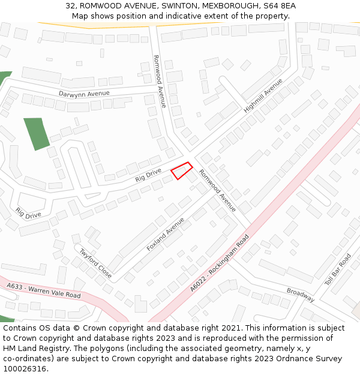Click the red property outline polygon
[182, 170]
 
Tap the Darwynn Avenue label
[84, 94]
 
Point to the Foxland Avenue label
[165, 235]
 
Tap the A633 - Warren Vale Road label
[44, 292]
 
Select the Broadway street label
[300, 295]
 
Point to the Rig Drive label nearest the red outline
[148, 175]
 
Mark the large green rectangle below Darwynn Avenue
[37, 133]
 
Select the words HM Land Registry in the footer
[37, 349]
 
